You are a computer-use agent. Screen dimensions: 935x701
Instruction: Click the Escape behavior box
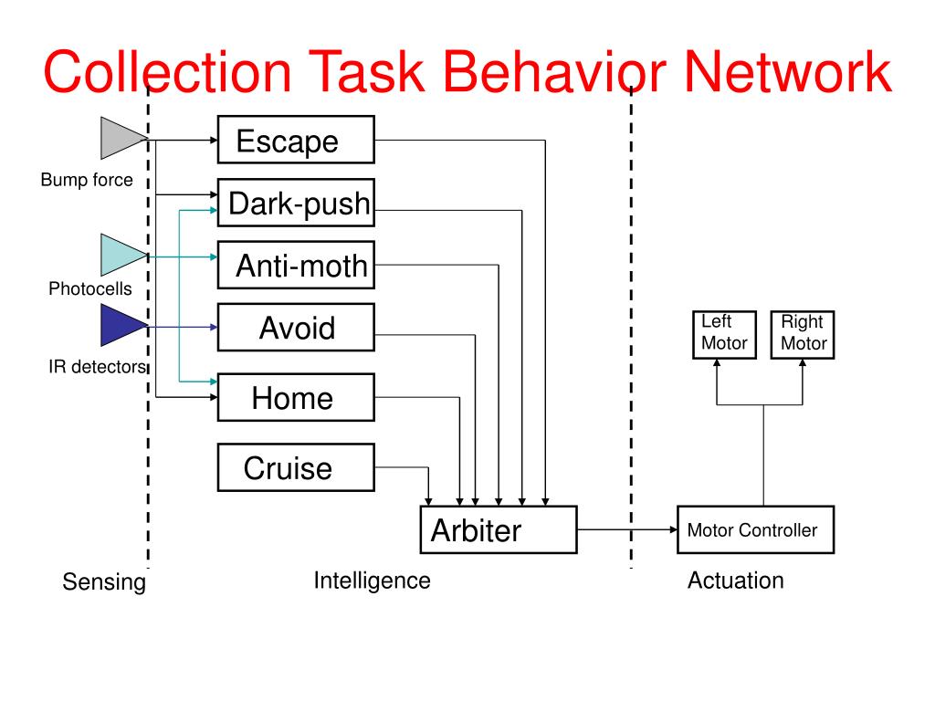(x=296, y=140)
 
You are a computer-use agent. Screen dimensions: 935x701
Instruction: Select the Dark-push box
(x=296, y=203)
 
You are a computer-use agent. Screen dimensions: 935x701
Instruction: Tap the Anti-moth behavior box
(x=296, y=266)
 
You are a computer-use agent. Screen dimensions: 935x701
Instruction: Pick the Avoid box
(x=296, y=328)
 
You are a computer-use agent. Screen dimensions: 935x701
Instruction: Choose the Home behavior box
(x=296, y=398)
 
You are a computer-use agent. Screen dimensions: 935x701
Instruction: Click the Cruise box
(x=296, y=467)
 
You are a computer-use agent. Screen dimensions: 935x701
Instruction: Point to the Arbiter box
(x=499, y=530)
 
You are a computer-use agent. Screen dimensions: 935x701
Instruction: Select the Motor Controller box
(x=755, y=530)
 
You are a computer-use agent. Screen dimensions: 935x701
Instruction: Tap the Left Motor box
(x=724, y=335)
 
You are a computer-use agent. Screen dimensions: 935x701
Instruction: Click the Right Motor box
(x=803, y=335)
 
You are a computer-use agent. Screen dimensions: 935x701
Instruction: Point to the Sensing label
(x=104, y=581)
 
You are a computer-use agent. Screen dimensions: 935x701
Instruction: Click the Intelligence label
(x=373, y=581)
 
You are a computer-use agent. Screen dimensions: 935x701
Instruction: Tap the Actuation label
(x=736, y=581)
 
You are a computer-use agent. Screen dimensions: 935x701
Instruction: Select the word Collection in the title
(x=168, y=71)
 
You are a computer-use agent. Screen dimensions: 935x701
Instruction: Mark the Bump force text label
(x=87, y=180)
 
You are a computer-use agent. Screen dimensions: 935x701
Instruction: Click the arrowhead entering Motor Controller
(x=674, y=529)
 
